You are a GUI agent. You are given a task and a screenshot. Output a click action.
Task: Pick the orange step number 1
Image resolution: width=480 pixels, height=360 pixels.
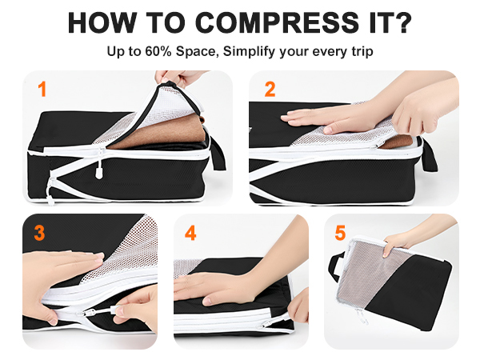tap(42, 90)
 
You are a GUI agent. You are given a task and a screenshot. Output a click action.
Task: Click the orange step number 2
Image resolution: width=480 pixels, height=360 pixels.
tap(270, 89)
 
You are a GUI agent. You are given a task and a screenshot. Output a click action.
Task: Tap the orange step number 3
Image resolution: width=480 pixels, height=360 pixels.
tap(39, 234)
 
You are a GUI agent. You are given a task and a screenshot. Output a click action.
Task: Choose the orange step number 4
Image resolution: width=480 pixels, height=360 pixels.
tap(190, 233)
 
